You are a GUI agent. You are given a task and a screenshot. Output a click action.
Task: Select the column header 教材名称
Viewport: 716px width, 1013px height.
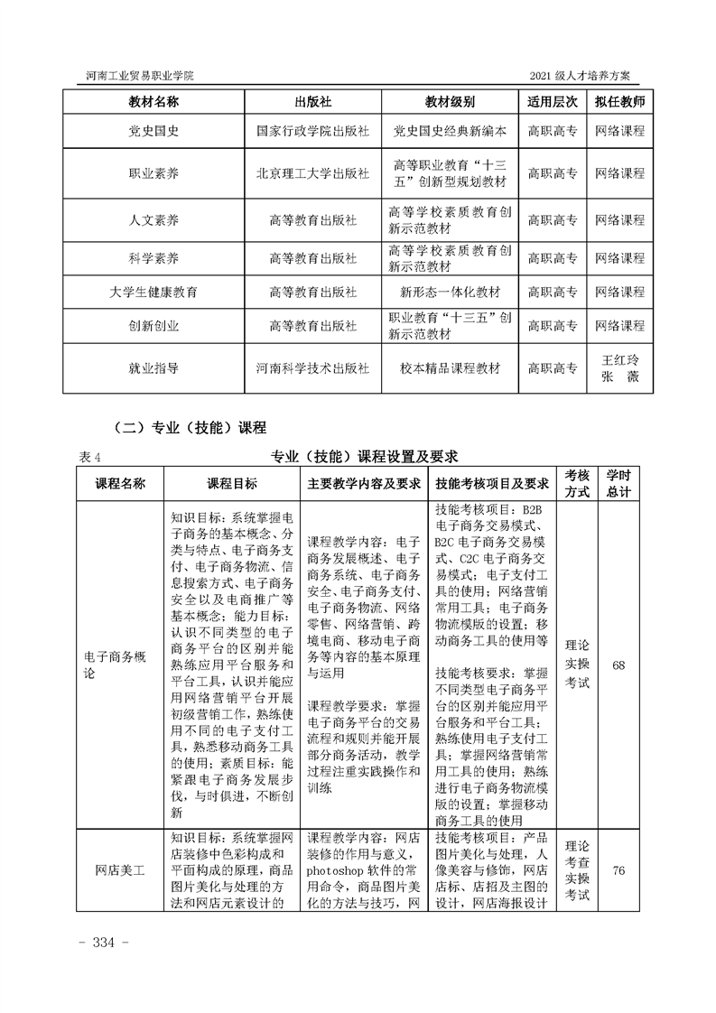tap(153, 101)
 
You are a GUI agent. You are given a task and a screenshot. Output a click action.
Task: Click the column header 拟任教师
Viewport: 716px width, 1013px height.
tap(619, 101)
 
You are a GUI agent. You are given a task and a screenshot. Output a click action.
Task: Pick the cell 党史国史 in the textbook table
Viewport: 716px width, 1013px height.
tap(153, 131)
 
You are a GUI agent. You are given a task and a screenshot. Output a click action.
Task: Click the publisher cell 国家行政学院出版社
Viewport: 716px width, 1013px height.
tap(312, 131)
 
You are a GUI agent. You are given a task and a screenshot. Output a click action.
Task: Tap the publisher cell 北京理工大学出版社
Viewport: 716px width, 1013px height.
tap(312, 173)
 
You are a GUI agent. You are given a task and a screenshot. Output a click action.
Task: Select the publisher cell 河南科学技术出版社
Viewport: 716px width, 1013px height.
tap(312, 368)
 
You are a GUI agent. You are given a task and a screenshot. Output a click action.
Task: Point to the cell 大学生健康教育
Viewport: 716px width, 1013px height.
tap(153, 293)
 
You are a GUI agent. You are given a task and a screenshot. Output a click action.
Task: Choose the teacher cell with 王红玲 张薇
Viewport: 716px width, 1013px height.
tap(619, 368)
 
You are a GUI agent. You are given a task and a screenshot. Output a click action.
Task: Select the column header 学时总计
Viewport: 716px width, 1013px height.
tap(618, 484)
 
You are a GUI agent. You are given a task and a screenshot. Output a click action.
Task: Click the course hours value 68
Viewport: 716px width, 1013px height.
tap(618, 665)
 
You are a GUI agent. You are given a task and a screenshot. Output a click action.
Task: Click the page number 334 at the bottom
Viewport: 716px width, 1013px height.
tap(107, 943)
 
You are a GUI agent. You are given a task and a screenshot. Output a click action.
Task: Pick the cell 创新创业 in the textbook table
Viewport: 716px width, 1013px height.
tap(153, 326)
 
